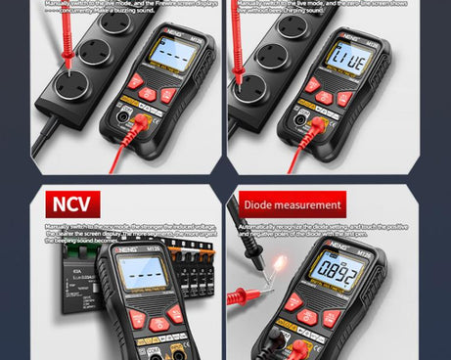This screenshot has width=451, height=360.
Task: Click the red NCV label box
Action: coord(70,204)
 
